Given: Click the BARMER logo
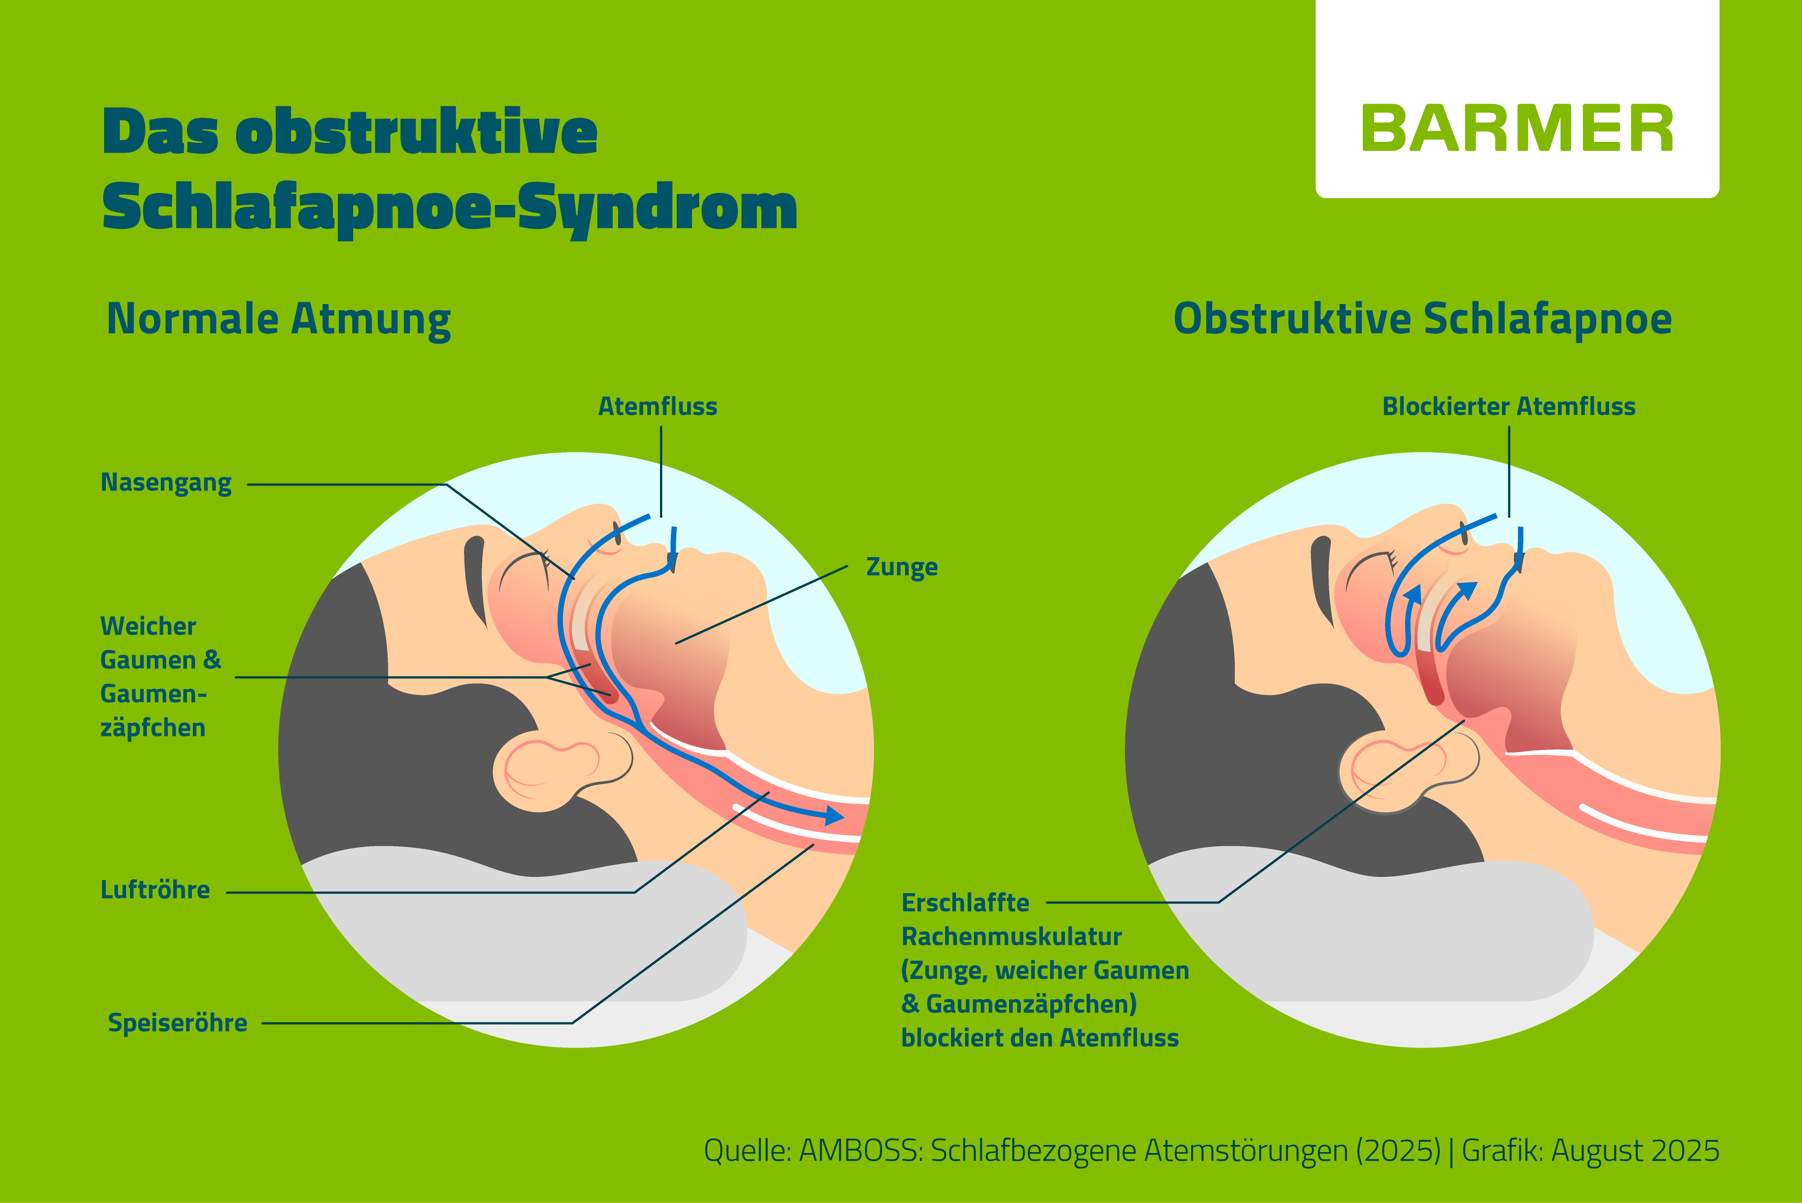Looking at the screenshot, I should (1516, 129).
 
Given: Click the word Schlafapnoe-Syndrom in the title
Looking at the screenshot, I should (450, 207).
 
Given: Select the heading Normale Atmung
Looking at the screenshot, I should (278, 319).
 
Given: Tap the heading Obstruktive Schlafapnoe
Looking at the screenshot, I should (1422, 319).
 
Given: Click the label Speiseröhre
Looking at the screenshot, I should (177, 1023).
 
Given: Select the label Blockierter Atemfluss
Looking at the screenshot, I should (1508, 407).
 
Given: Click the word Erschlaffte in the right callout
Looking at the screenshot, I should (965, 903).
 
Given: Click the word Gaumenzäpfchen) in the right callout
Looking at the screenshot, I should (1031, 1004).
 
